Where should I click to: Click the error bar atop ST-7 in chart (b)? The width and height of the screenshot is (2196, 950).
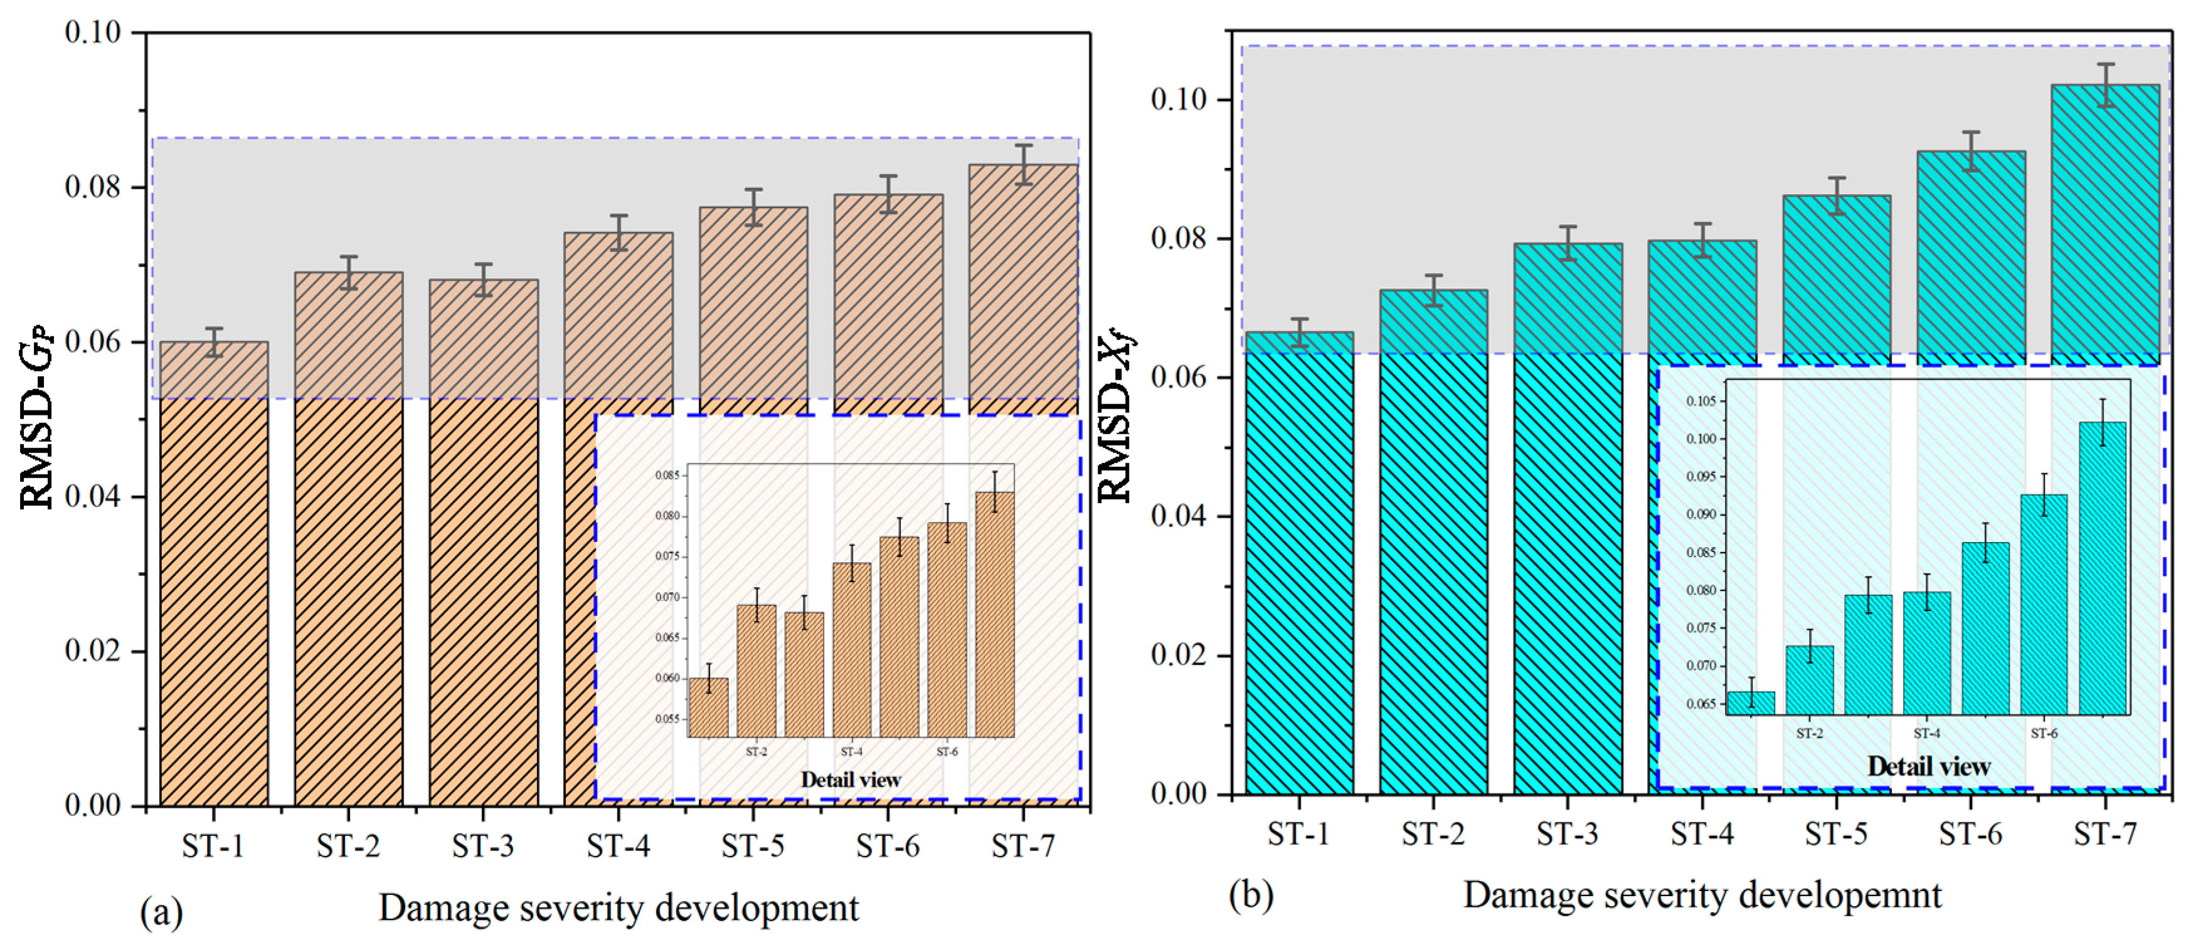[2106, 85]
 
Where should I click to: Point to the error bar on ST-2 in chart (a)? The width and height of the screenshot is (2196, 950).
[349, 273]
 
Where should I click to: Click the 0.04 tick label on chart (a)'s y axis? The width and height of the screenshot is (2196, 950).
[93, 497]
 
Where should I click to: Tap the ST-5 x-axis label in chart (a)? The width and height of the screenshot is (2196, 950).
[753, 847]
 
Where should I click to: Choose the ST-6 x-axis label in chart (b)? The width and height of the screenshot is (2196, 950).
[1971, 834]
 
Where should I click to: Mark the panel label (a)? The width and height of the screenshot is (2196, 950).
[161, 912]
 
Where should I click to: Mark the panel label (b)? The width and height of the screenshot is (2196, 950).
[1251, 895]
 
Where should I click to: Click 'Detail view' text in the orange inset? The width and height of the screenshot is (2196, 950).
[851, 780]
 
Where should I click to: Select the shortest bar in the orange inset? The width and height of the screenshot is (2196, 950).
[708, 707]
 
